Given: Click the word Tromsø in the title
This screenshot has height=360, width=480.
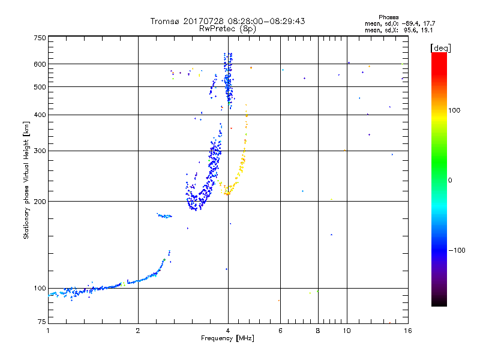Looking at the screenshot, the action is pyautogui.click(x=165, y=21).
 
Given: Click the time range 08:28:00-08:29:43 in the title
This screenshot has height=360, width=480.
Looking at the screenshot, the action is pyautogui.click(x=266, y=21).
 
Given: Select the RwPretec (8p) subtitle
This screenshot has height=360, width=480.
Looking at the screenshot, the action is pyautogui.click(x=227, y=29).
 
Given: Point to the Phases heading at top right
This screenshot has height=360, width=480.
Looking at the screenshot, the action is pyautogui.click(x=388, y=17).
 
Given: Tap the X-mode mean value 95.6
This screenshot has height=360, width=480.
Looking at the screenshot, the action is pyautogui.click(x=410, y=31).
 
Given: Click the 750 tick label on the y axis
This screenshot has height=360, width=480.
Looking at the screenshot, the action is pyautogui.click(x=40, y=38).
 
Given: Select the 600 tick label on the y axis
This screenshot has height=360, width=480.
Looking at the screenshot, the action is pyautogui.click(x=40, y=64).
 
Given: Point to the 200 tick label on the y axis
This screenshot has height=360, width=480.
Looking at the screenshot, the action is pyautogui.click(x=40, y=202).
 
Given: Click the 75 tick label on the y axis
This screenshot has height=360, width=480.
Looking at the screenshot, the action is pyautogui.click(x=42, y=322).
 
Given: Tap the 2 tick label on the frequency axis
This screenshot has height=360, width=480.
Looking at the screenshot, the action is pyautogui.click(x=138, y=331).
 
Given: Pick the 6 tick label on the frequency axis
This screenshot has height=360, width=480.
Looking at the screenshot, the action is pyautogui.click(x=280, y=331).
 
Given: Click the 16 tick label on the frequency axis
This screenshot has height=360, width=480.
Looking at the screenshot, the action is pyautogui.click(x=408, y=331).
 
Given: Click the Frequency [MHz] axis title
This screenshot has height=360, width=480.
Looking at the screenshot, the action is pyautogui.click(x=227, y=338).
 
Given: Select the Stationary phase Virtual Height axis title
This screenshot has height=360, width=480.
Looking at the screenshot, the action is pyautogui.click(x=26, y=181).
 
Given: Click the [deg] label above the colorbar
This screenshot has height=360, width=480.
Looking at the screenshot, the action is pyautogui.click(x=440, y=48).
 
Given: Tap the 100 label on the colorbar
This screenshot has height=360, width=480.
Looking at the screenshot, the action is pyautogui.click(x=454, y=110).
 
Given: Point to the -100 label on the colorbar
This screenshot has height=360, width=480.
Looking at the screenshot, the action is pyautogui.click(x=457, y=250).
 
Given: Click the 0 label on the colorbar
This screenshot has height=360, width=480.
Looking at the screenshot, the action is pyautogui.click(x=450, y=181).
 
